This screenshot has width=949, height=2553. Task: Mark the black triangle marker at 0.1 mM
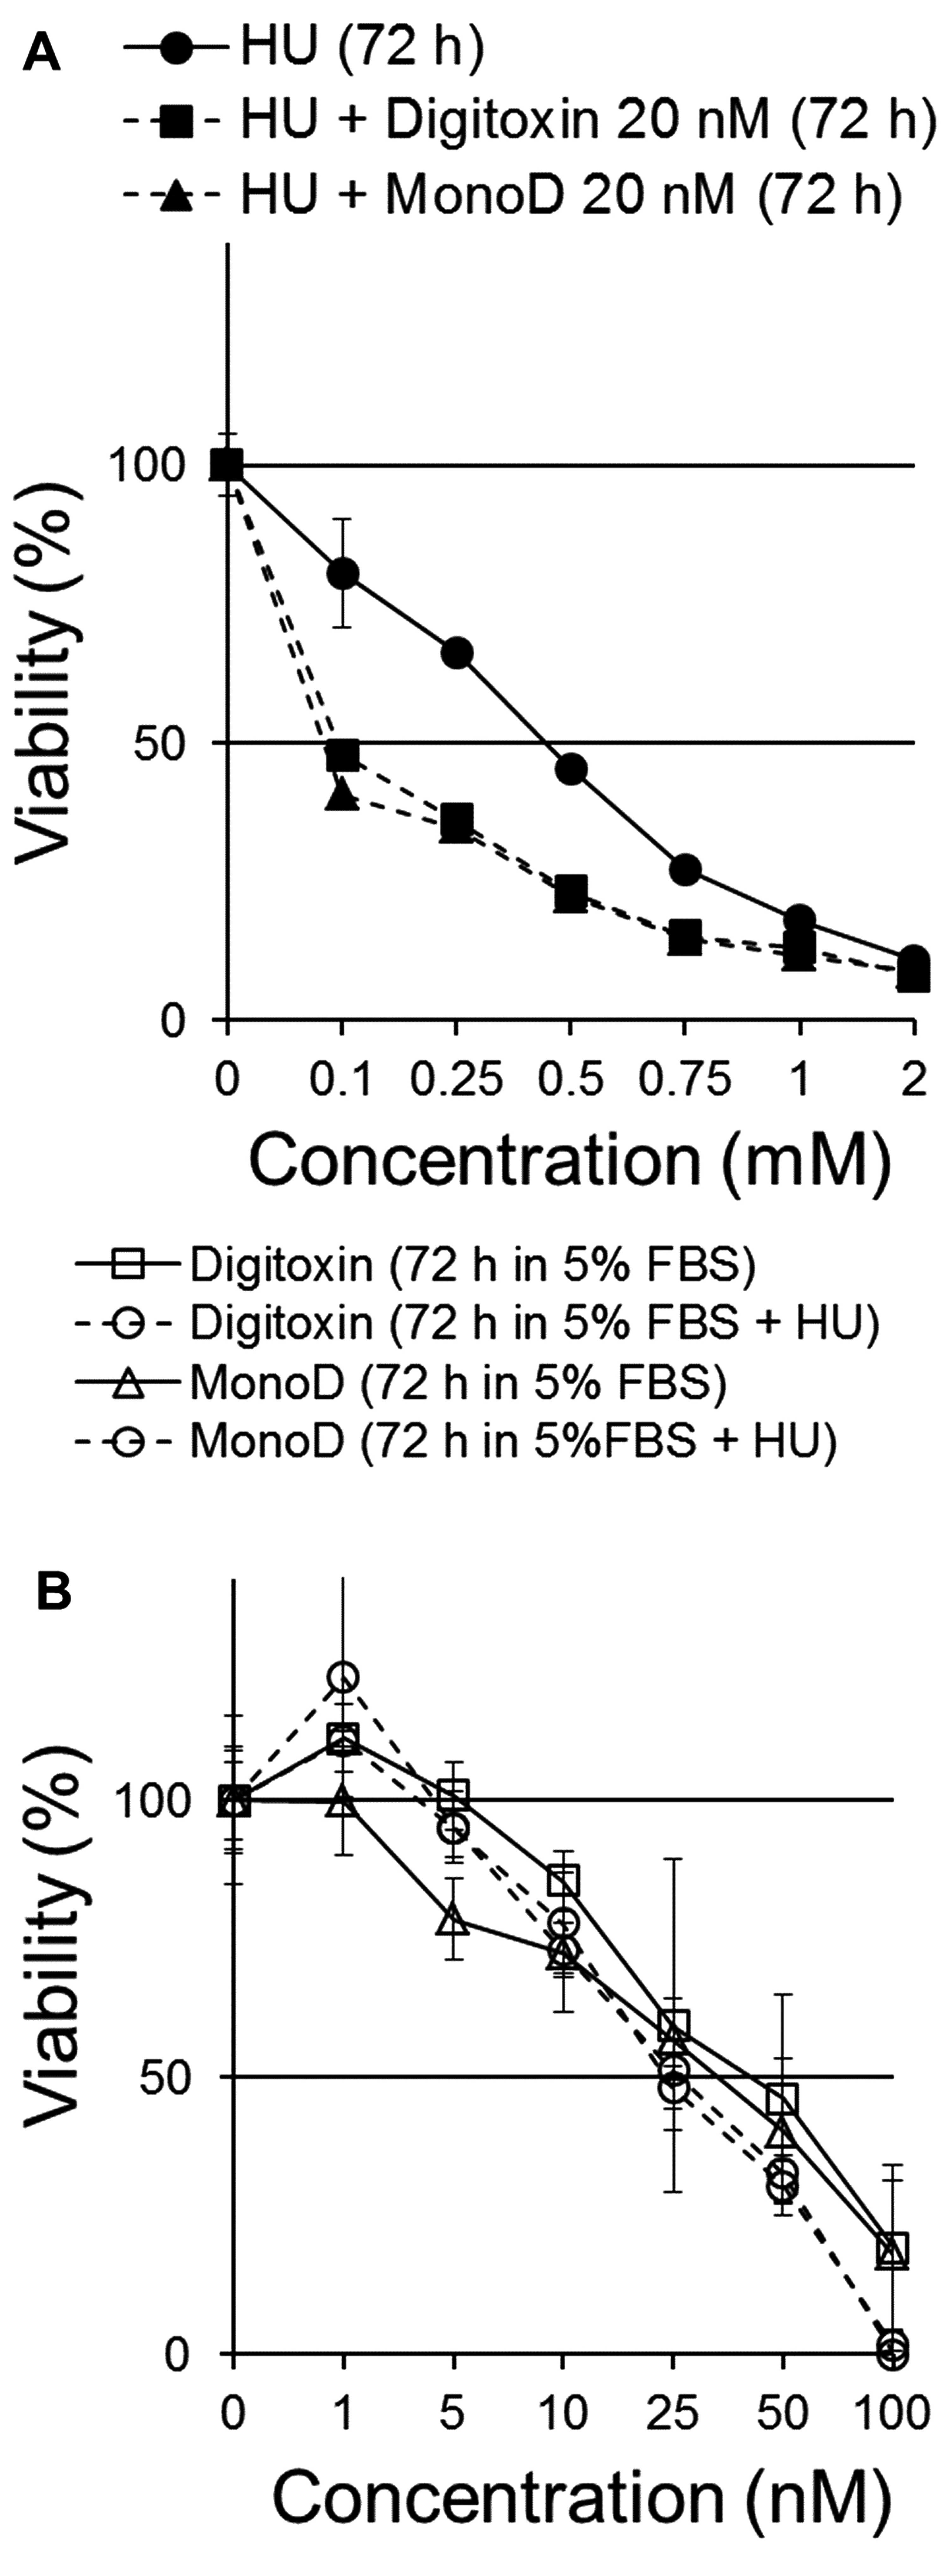click(x=342, y=795)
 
